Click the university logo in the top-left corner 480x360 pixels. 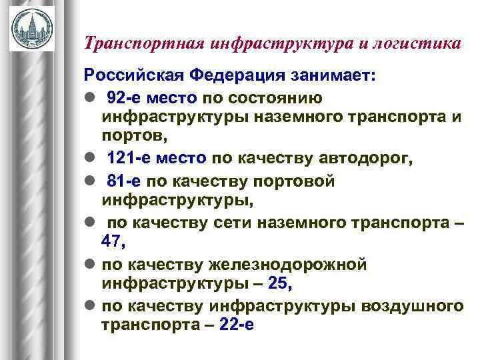tap(31, 28)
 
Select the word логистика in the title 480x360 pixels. tap(417, 44)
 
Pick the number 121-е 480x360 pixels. tap(129, 158)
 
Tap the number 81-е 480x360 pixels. tap(124, 181)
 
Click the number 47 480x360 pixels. tap(113, 241)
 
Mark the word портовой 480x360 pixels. tap(297, 181)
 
